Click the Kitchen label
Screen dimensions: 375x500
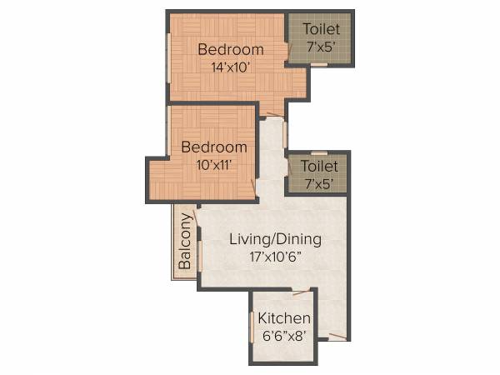284,318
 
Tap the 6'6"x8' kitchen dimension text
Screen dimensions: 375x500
284,336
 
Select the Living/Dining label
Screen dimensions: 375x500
275,239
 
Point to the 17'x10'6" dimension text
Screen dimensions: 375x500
275,257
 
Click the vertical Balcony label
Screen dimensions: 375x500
185,242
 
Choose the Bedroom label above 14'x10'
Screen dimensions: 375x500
231,49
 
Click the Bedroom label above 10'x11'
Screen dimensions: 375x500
214,147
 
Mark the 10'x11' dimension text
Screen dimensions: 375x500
214,165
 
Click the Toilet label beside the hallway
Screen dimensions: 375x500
319,166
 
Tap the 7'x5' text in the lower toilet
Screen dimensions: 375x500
319,183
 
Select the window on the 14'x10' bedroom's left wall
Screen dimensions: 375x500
169,58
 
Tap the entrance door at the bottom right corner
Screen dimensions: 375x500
337,337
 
